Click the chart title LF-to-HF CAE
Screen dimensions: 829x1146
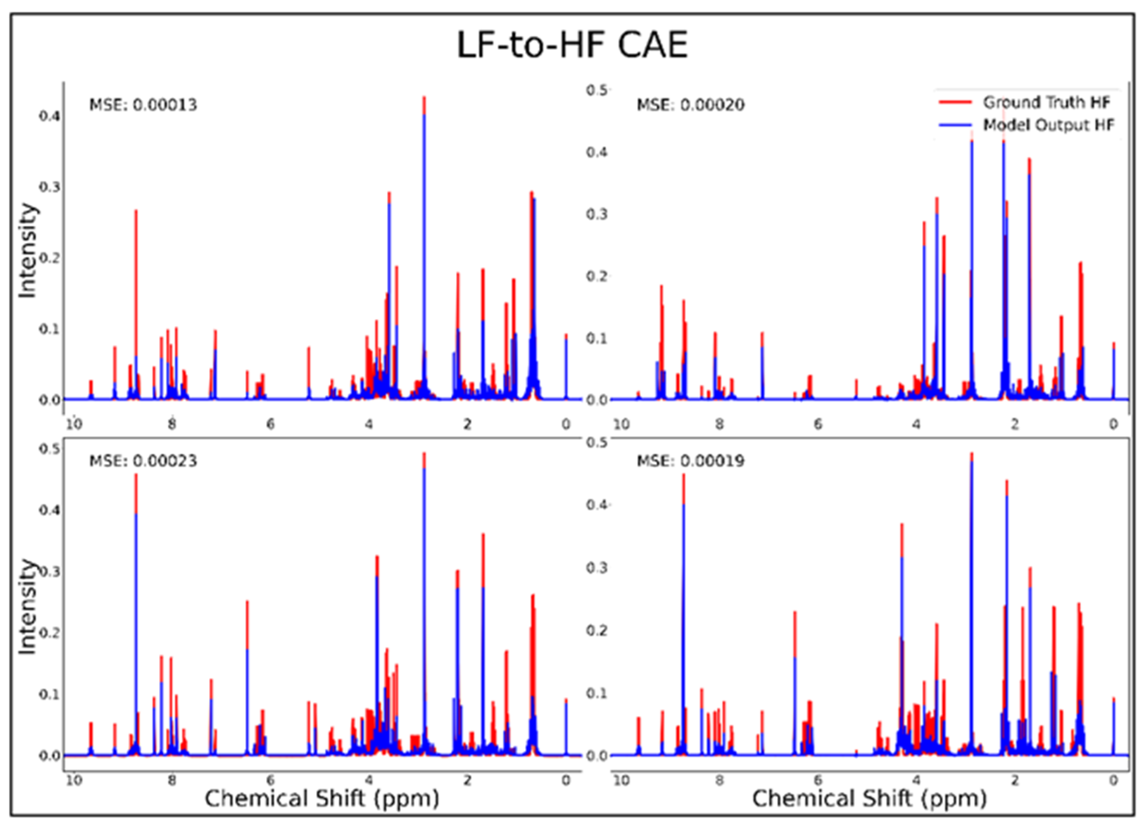[572, 45]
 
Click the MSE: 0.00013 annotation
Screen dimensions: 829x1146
[143, 105]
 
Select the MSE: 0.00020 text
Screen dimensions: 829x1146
[690, 105]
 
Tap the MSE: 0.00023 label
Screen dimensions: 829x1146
[143, 461]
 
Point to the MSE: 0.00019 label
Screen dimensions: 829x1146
[690, 461]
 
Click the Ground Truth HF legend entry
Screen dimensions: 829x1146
[1046, 103]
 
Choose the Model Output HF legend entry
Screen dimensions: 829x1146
[1048, 125]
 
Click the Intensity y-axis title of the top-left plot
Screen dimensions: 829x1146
[28, 251]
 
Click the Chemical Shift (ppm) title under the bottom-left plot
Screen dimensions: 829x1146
[322, 799]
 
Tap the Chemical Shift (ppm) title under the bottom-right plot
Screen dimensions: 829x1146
[869, 799]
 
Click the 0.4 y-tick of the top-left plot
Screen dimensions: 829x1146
[49, 116]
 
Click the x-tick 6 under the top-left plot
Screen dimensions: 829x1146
[271, 424]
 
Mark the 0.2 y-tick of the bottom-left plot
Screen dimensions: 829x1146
[49, 633]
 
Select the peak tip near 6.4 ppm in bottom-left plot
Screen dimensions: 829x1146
[247, 602]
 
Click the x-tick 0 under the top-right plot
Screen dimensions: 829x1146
[1113, 424]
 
